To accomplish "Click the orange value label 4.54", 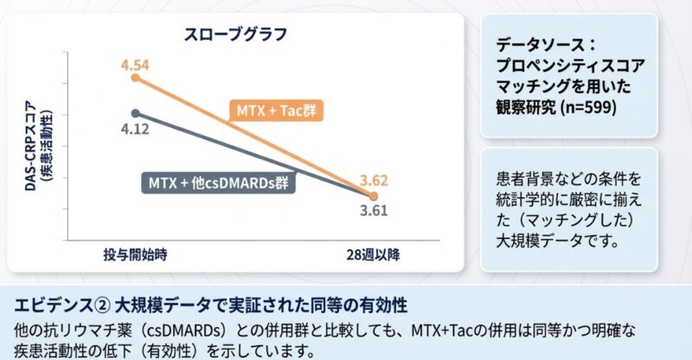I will tap(136, 63).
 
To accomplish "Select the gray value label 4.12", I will tap(136, 129).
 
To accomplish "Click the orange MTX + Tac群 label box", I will tap(275, 111).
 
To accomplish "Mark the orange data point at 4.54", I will tap(136, 78).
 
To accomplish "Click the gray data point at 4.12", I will tap(136, 112).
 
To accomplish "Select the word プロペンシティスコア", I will tap(571, 65).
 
